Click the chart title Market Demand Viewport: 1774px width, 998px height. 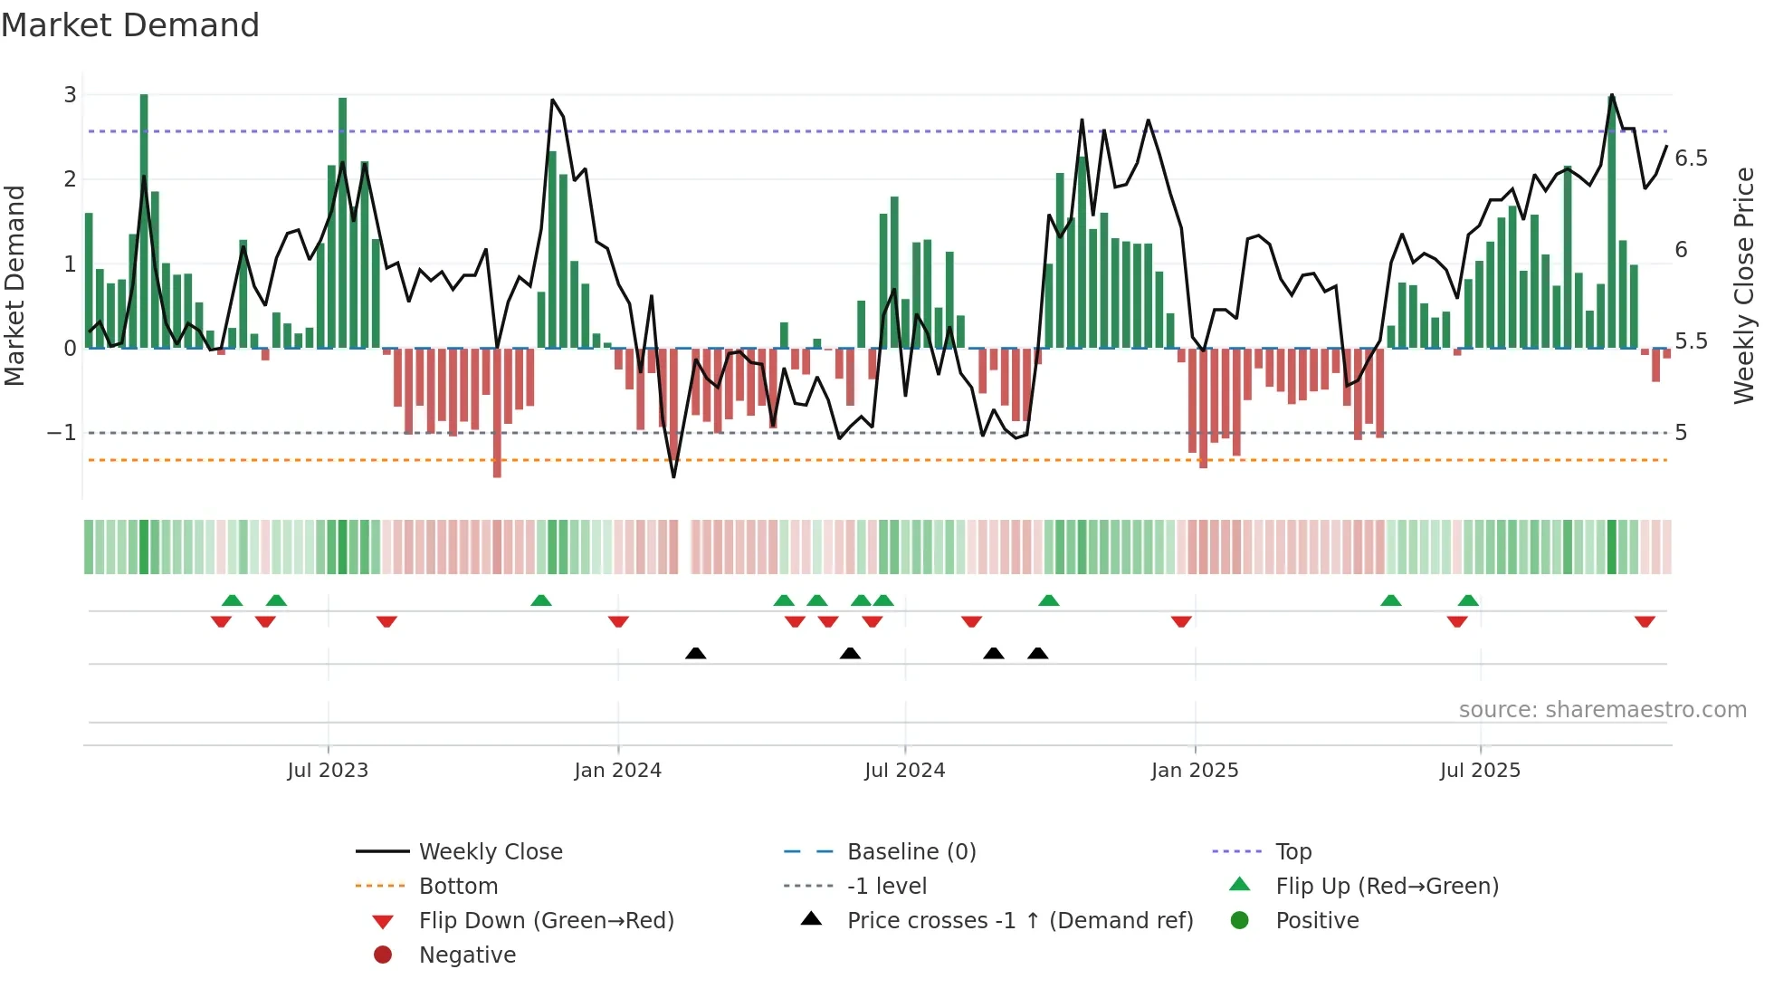tap(130, 25)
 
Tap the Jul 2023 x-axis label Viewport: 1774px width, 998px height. tap(328, 771)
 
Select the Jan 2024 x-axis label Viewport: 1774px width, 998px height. tap(617, 771)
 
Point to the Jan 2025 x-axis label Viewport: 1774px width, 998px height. tap(1194, 771)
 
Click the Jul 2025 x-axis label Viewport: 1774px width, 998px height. tap(1480, 771)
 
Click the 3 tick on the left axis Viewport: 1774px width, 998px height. tap(70, 95)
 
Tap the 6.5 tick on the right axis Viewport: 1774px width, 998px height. tap(1691, 158)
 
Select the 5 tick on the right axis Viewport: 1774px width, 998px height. tap(1681, 433)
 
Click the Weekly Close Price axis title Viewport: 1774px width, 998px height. tap(1743, 285)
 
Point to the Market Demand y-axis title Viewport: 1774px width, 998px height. tap(14, 285)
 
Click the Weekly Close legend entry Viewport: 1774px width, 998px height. tap(490, 852)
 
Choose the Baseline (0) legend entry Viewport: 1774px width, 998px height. tap(911, 852)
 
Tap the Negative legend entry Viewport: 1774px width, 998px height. tap(467, 955)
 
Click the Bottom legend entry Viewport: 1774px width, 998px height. tap(458, 887)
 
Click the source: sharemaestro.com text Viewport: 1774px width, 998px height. tap(1602, 710)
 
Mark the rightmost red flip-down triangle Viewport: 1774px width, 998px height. tap(1645, 621)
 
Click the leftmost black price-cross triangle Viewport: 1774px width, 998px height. tap(695, 653)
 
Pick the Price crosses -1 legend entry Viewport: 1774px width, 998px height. tap(1019, 921)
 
